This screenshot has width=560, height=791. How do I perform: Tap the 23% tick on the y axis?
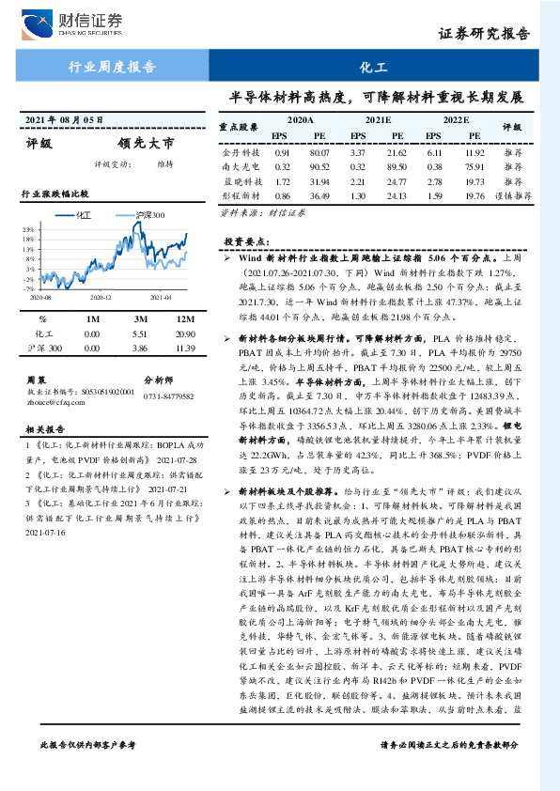point(29,228)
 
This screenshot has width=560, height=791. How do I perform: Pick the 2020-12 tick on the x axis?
point(101,296)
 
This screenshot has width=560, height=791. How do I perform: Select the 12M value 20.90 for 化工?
point(184,333)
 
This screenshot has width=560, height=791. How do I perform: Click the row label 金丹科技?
point(237,151)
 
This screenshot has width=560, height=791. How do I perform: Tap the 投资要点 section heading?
point(247,241)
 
